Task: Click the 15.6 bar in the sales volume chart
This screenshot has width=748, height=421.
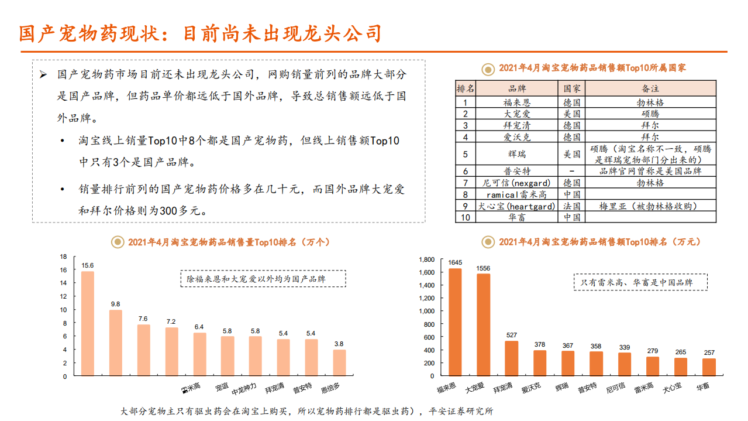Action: (x=87, y=323)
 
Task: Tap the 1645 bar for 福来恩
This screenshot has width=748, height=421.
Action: (x=455, y=322)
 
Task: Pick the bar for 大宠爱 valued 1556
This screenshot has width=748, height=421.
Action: (x=484, y=325)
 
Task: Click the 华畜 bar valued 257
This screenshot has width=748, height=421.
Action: (x=709, y=367)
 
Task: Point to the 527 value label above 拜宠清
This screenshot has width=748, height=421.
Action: (x=512, y=336)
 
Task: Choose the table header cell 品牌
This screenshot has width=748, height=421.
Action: (x=517, y=88)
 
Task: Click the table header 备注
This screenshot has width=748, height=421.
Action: (x=650, y=88)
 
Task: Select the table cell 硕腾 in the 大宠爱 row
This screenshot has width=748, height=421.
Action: (x=650, y=114)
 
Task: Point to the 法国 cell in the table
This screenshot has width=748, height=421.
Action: (x=571, y=206)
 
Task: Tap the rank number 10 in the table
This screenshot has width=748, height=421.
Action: (x=466, y=217)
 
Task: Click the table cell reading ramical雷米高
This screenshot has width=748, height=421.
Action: (x=517, y=194)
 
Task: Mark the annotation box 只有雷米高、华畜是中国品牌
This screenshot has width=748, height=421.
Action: (x=640, y=282)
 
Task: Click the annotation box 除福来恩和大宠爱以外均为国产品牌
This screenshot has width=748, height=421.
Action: (x=263, y=279)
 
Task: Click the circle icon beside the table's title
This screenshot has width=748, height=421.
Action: (x=487, y=69)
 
